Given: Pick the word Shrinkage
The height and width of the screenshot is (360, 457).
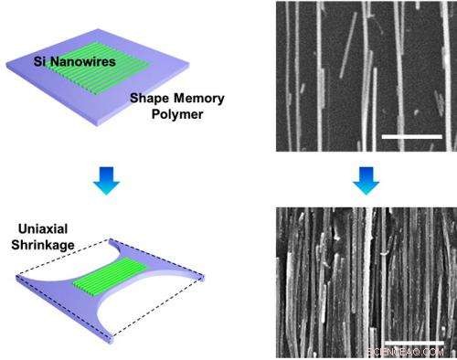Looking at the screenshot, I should click(x=47, y=241).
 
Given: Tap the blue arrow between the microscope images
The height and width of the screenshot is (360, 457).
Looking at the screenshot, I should click(x=358, y=180).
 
